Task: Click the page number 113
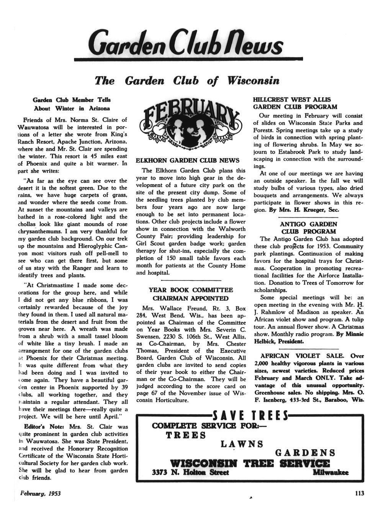tap(359, 493)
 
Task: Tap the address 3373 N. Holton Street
tap(190, 473)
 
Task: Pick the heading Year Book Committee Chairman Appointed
tap(191, 294)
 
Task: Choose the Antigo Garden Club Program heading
tap(308, 228)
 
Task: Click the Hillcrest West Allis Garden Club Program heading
tap(295, 103)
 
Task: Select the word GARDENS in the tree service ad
tap(305, 453)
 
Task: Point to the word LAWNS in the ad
tap(242, 444)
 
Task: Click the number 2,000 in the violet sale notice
tap(262, 363)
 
